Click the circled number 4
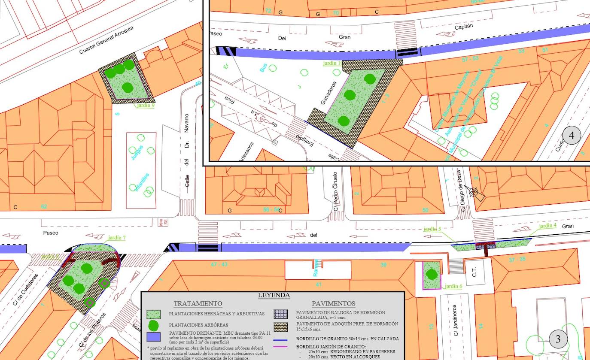[572, 136]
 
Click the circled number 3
[558, 339]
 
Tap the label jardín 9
[145, 105]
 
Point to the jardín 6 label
[453, 286]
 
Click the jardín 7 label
[117, 238]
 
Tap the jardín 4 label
[547, 226]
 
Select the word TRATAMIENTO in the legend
[198, 304]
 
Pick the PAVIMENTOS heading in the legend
[334, 304]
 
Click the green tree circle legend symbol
[153, 326]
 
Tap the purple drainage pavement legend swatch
[153, 337]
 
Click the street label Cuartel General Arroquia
[106, 39]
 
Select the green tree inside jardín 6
[431, 274]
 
